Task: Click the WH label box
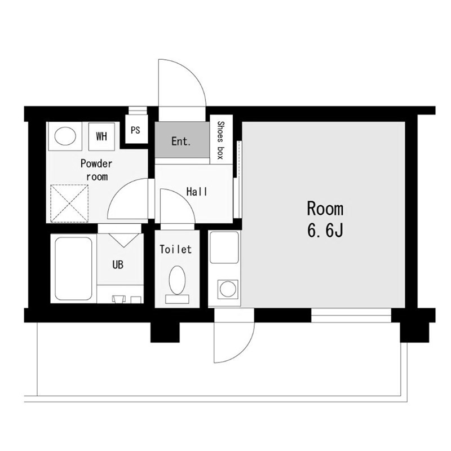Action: (101, 136)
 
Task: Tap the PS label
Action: (135, 130)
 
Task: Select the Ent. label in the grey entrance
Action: (181, 141)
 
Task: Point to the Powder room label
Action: (96, 170)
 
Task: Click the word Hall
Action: (197, 192)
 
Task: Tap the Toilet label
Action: (175, 249)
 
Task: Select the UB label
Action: (118, 264)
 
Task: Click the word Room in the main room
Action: (325, 209)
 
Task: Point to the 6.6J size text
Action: (325, 231)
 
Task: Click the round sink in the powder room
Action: (65, 136)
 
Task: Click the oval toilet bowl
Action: (177, 280)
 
